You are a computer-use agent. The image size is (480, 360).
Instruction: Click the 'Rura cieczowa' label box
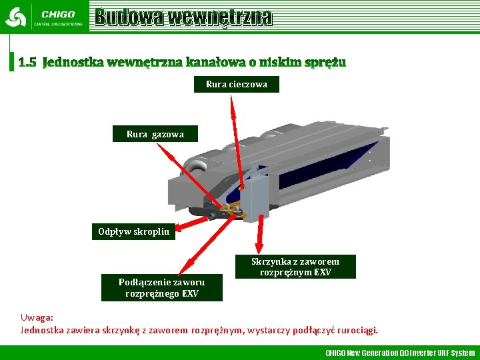[237, 85]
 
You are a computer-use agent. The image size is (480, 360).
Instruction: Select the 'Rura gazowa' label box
[155, 134]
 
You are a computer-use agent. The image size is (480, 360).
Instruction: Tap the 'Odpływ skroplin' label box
[133, 232]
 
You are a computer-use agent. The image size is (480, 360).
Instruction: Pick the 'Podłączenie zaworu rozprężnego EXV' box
[161, 288]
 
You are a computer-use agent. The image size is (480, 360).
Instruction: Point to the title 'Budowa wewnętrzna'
[183, 17]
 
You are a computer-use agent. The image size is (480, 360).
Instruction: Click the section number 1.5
[27, 63]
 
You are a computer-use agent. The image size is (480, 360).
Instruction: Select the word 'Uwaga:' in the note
[37, 318]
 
